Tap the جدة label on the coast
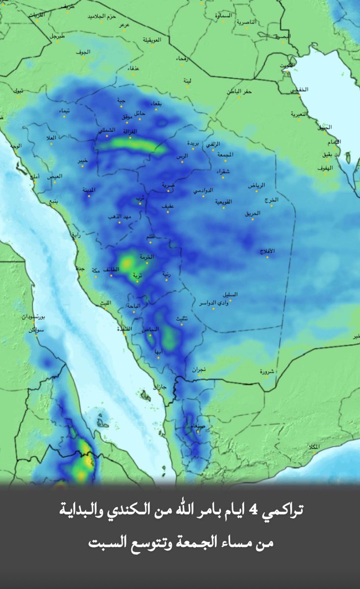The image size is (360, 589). tap(80, 268)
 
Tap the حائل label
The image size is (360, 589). tap(140, 113)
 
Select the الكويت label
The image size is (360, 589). tap(287, 65)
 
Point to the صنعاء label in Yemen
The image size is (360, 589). tap(195, 426)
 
